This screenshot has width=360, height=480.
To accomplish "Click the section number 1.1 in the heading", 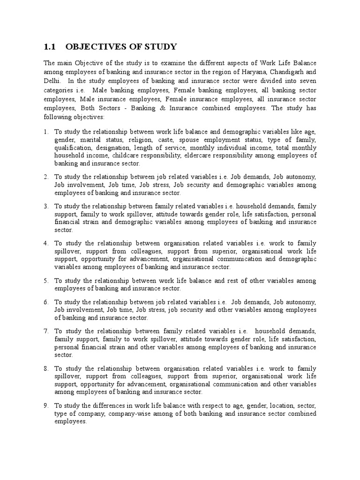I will point(50,46).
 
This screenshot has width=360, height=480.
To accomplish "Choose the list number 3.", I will point(46,206).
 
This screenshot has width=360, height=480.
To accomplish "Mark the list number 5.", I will point(46,280).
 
